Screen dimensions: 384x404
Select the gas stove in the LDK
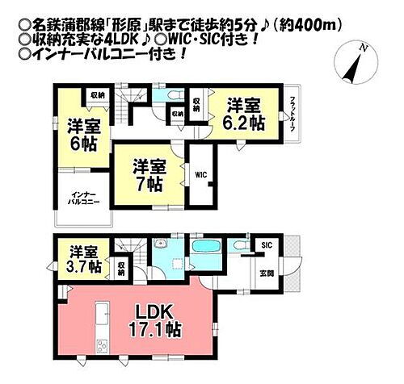tap(102, 348)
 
